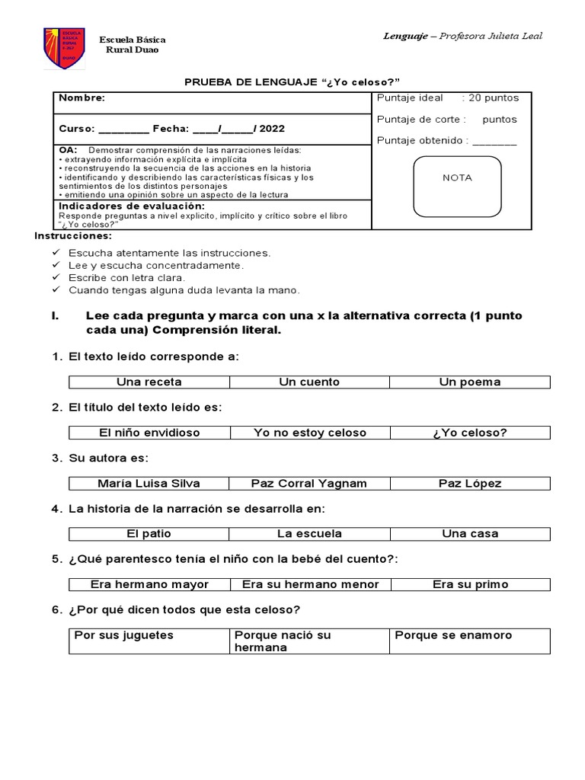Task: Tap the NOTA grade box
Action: [x=457, y=187]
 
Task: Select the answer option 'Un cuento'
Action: [x=309, y=382]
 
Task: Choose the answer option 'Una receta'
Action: [x=149, y=382]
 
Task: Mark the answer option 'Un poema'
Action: [x=470, y=382]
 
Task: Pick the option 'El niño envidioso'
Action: [x=149, y=433]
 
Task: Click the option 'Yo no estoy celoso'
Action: [x=309, y=433]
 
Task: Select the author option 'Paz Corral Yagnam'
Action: [x=309, y=483]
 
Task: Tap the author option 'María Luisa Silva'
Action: [x=149, y=483]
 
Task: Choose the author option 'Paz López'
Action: [x=470, y=483]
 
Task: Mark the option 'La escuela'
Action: [x=309, y=533]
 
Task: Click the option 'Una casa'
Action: [x=470, y=533]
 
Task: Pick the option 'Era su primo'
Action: [x=470, y=584]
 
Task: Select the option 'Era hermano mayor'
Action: [x=149, y=584]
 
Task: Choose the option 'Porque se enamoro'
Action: [x=453, y=635]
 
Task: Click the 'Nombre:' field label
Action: [x=82, y=98]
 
